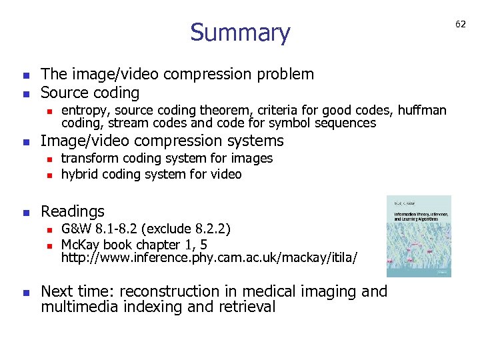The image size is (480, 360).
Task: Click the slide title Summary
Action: [x=240, y=33]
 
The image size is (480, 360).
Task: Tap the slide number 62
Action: [x=461, y=24]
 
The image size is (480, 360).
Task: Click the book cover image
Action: [x=419, y=236]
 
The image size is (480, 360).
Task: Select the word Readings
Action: [x=73, y=211]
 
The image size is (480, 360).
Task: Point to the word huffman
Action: [x=421, y=110]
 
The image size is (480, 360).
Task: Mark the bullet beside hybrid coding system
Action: [x=48, y=175]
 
